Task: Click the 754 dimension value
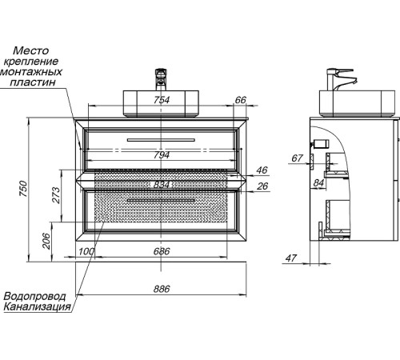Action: pyautogui.click(x=162, y=100)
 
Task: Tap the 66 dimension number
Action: pyautogui.click(x=240, y=100)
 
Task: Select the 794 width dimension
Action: pyautogui.click(x=162, y=155)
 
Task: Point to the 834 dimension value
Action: pyautogui.click(x=162, y=185)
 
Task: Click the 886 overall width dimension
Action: pyautogui.click(x=162, y=289)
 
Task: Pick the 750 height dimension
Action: pyautogui.click(x=23, y=189)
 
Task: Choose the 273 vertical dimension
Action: pyautogui.click(x=56, y=195)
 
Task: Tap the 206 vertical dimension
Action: pyautogui.click(x=46, y=241)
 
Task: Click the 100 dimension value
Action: pyautogui.click(x=86, y=251)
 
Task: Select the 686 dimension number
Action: pyautogui.click(x=162, y=251)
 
